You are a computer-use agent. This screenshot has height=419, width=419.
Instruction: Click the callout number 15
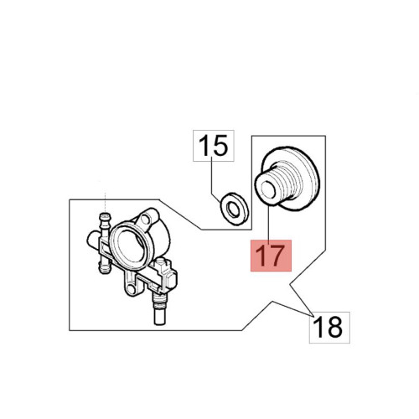point(214,146)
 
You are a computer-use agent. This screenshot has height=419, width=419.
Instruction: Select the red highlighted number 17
point(271,256)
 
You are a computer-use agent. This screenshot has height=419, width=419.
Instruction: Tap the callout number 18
point(329,327)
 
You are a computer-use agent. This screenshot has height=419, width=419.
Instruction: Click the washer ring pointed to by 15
point(234,209)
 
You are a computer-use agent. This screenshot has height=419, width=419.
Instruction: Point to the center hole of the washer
point(233,209)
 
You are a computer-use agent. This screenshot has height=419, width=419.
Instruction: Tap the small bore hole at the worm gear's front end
point(267,189)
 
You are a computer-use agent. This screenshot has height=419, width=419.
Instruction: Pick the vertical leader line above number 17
point(268,223)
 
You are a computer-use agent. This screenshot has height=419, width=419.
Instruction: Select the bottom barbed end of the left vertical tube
point(103,266)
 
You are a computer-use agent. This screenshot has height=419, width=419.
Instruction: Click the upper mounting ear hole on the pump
point(147,217)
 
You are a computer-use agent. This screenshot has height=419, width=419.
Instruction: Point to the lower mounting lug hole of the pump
point(131,287)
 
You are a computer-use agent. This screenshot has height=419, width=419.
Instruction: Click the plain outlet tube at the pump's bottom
point(159,317)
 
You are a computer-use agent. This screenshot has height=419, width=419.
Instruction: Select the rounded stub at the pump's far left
point(93,240)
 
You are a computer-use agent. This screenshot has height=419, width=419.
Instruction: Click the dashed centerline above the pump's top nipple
point(105,202)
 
